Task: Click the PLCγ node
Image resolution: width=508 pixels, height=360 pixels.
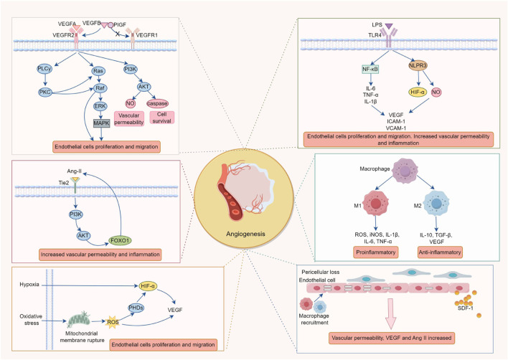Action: [44, 69]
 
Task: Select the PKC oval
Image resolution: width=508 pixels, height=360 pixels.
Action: [45, 93]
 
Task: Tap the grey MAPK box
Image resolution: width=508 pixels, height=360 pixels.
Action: [102, 123]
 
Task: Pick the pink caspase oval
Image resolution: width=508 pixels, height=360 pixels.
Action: [157, 103]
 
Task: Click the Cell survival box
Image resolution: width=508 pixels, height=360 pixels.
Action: [162, 118]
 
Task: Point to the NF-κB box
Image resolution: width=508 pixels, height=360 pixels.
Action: [370, 69]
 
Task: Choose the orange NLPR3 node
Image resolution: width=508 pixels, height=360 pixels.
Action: [418, 66]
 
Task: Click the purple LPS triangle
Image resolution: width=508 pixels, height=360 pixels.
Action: [388, 26]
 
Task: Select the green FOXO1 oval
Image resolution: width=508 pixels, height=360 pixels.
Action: [121, 240]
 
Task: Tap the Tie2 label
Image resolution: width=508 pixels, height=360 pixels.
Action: [64, 183]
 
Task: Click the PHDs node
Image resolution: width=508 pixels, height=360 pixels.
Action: [136, 308]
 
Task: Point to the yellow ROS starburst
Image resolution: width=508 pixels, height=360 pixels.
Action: [113, 322]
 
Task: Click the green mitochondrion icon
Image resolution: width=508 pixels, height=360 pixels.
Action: [78, 320]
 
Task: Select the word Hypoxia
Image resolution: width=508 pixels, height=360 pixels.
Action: [29, 285]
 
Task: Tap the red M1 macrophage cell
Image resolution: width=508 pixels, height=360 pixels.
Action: [375, 204]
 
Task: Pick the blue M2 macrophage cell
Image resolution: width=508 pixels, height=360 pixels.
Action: [436, 204]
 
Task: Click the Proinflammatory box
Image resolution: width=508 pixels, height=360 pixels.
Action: [376, 252]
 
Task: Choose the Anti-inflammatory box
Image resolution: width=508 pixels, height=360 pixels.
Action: [440, 252]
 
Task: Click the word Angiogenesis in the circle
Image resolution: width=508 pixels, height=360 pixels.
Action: [245, 234]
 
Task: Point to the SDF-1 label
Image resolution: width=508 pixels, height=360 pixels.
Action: [465, 308]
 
